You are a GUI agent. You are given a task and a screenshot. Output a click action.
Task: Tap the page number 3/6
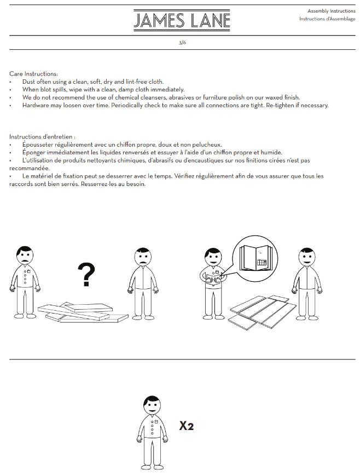tap(182, 42)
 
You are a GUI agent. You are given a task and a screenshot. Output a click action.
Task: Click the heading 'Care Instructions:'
tap(33, 74)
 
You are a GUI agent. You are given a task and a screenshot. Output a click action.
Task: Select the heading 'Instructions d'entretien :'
tap(42, 136)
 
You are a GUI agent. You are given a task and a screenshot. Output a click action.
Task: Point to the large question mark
tap(86, 275)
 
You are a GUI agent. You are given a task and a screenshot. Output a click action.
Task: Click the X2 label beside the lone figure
tap(187, 426)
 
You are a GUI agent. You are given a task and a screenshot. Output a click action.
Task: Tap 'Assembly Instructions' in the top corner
tap(331, 11)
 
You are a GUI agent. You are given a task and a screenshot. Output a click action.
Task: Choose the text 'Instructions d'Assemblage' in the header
tap(327, 19)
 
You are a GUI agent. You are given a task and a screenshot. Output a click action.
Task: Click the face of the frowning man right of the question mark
tap(143, 257)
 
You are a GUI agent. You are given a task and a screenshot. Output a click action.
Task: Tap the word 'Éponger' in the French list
tap(35, 152)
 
